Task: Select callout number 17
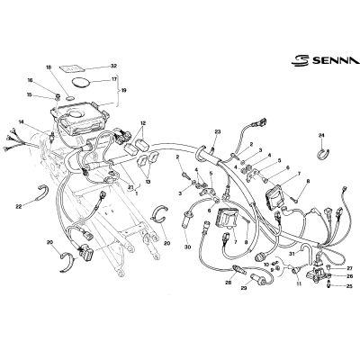tap(114, 79)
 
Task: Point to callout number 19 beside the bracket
tap(123, 90)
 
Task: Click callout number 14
tap(21, 122)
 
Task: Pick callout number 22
tap(19, 206)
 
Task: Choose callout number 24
tap(321, 135)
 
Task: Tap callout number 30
tap(187, 247)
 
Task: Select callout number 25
tap(349, 286)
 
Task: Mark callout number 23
tap(218, 131)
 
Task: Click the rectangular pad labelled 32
tap(72, 68)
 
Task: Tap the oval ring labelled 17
tap(81, 83)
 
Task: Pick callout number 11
tap(299, 283)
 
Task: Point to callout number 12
tap(143, 123)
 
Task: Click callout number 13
tap(148, 182)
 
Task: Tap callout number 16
tap(30, 80)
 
